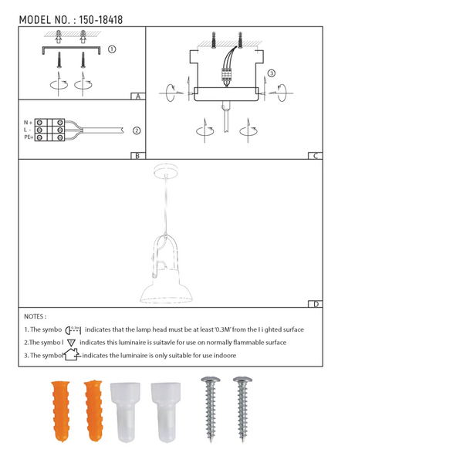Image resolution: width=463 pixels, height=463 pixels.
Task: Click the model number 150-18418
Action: (100, 19)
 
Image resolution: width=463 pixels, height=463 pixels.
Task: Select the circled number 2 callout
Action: (137, 130)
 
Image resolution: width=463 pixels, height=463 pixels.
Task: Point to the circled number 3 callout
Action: (272, 73)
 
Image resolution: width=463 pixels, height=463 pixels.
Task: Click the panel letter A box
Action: (137, 97)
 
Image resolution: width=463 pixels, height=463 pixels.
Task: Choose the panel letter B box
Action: (137, 156)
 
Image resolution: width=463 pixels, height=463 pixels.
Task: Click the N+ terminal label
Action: (28, 123)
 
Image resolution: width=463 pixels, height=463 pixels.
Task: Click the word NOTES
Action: (35, 316)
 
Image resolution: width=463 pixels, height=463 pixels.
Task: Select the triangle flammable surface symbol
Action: (71, 342)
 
